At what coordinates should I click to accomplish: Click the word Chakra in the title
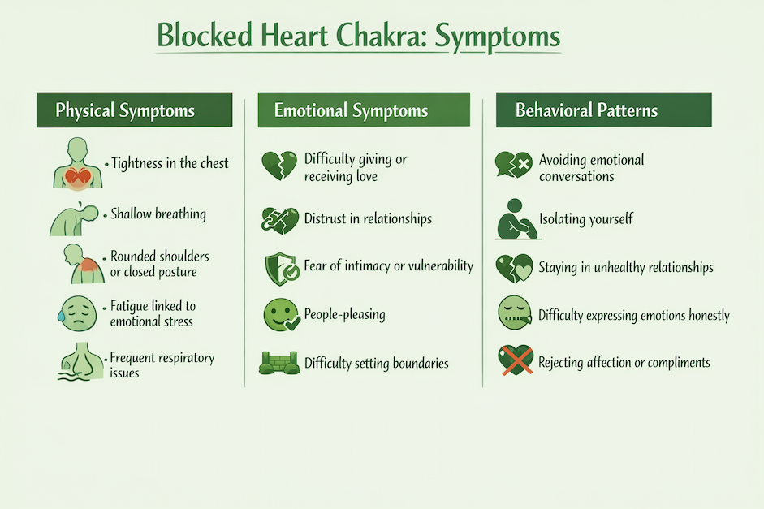[370, 37]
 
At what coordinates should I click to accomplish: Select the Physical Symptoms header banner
[134, 110]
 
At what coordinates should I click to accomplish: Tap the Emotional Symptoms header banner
[363, 110]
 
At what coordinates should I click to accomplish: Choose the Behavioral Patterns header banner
[603, 110]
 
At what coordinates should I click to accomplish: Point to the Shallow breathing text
[158, 215]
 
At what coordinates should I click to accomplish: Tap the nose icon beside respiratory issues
[78, 361]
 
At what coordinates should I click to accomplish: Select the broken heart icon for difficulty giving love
[278, 166]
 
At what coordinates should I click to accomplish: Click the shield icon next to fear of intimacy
[279, 268]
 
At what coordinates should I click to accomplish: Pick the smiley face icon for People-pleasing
[279, 315]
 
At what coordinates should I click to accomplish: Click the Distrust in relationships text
[368, 219]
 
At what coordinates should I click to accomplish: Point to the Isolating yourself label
[586, 219]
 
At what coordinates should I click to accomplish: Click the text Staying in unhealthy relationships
[626, 268]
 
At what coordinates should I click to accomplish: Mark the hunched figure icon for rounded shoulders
[80, 262]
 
